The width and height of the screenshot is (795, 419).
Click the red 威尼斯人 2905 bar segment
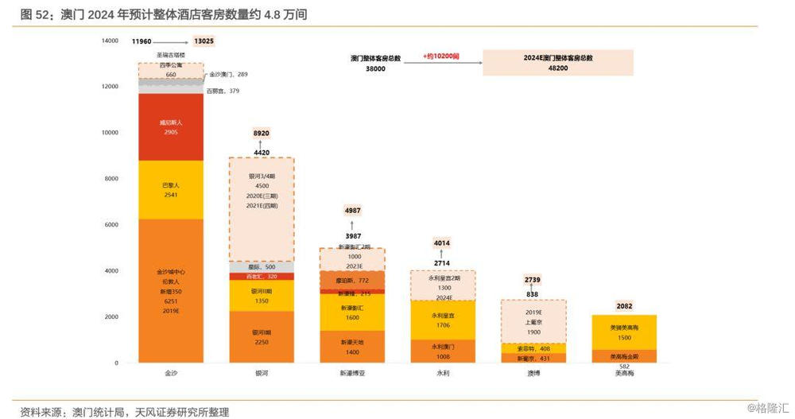[x=171, y=127]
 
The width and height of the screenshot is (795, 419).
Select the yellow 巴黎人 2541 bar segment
[x=171, y=189]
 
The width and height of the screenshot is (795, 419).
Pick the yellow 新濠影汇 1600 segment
[x=352, y=312]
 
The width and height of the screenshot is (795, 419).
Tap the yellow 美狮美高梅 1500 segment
[x=624, y=332]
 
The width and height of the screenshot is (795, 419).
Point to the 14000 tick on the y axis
[x=110, y=41]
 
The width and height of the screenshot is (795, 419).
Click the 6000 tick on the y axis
[x=111, y=225]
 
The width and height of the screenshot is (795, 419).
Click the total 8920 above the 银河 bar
[x=262, y=134]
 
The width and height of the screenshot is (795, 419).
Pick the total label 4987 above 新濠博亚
[x=352, y=210]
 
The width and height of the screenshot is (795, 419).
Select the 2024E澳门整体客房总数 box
[x=557, y=63]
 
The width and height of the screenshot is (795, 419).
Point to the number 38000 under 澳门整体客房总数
[x=375, y=69]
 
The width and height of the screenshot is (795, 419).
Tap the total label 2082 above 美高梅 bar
[x=624, y=306]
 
